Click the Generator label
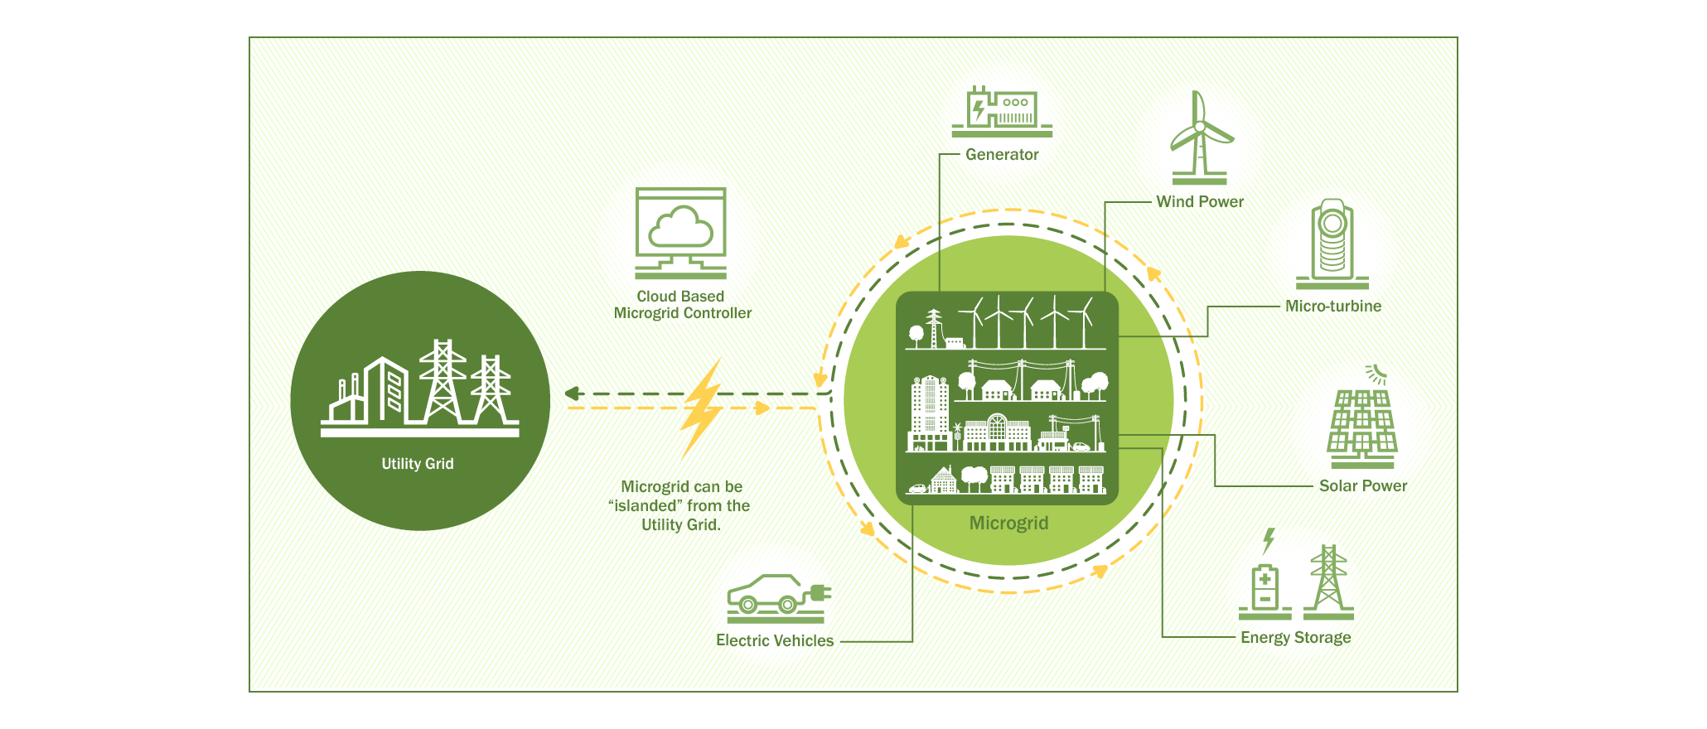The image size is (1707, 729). tap(1001, 155)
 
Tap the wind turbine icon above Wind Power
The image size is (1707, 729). tap(1199, 137)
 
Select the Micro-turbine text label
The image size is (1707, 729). tap(1332, 307)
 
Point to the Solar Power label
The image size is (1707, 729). tap(1362, 486)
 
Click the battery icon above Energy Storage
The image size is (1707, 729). tap(1265, 589)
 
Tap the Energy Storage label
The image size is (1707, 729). tap(1295, 638)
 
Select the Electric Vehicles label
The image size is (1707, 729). tap(775, 641)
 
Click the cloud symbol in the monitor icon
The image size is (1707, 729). tap(680, 226)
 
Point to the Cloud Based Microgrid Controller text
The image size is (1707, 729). tap(682, 305)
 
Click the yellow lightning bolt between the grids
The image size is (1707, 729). tap(701, 409)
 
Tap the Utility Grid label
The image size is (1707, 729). tap(418, 464)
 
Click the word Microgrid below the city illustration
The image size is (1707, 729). tap(1008, 524)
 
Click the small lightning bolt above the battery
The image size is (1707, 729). tap(1268, 540)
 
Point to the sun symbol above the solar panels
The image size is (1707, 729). tap(1376, 373)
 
